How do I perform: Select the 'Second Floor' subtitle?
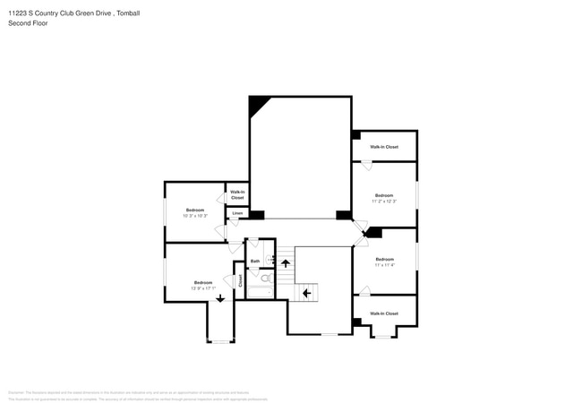(28, 23)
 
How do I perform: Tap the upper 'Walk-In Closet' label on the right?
(384, 146)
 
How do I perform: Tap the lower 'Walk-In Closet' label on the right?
(384, 313)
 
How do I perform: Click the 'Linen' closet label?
(237, 213)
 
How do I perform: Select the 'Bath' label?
(255, 262)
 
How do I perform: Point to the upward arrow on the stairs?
(286, 262)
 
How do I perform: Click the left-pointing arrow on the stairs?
(305, 292)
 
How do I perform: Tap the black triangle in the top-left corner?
(257, 104)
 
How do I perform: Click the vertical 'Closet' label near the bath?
(240, 279)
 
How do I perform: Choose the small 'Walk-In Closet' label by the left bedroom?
(237, 194)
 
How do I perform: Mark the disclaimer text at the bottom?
(134, 395)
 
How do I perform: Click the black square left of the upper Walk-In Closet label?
(355, 135)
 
